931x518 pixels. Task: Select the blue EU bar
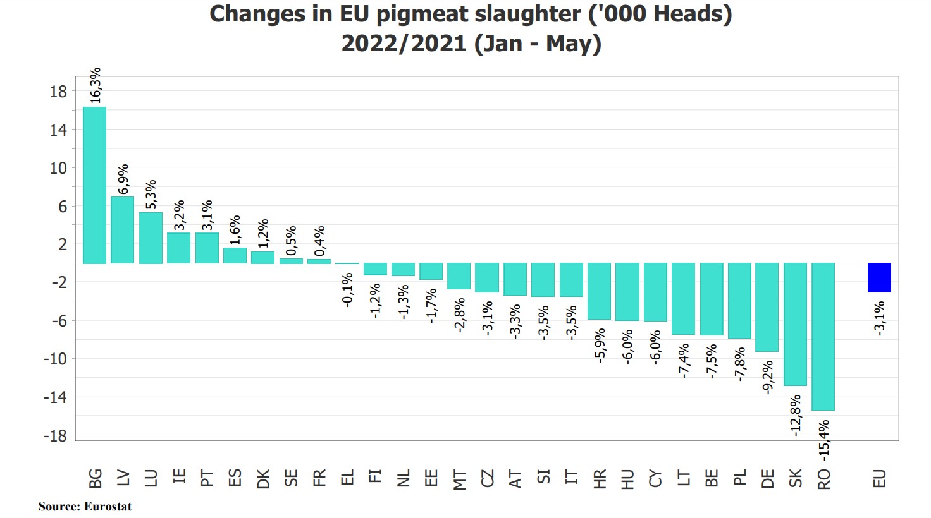coord(879,277)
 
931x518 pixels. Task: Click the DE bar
coord(767,307)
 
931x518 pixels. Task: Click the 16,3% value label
coord(96,85)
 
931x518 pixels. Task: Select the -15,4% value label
coord(823,440)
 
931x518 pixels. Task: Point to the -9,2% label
coord(768,377)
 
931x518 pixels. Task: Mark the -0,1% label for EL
coord(347,290)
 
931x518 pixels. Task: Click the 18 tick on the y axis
coord(58,92)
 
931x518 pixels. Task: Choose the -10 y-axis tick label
coord(55,359)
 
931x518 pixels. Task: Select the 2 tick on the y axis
coord(63,244)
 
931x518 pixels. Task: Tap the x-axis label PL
coord(740,478)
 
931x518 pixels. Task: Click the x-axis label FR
coord(319,478)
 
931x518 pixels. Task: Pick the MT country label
coord(460,479)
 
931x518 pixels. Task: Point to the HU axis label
coord(627,479)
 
